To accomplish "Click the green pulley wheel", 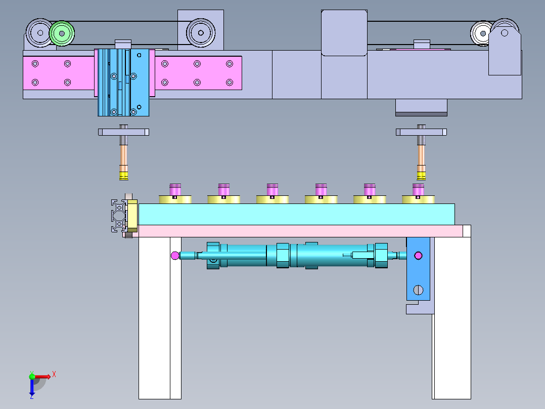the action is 62,33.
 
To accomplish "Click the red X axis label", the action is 54,375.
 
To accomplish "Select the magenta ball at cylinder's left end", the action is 175,256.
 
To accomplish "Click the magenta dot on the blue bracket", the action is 419,256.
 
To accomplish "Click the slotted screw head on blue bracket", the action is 418,290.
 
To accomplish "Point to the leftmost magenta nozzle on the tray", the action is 175,190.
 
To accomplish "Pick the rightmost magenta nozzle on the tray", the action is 418,190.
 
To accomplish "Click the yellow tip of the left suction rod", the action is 124,176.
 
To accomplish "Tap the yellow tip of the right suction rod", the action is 421,176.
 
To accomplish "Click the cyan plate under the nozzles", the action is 296,214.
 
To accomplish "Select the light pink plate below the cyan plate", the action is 301,231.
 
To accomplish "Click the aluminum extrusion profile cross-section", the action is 119,216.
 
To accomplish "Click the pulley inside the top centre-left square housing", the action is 201,33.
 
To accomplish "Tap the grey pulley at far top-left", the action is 39,33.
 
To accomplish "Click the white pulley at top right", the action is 483,33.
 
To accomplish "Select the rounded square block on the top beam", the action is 344,33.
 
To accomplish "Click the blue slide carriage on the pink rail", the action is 123,83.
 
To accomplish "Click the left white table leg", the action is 160,318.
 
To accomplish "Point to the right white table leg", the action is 451,318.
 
